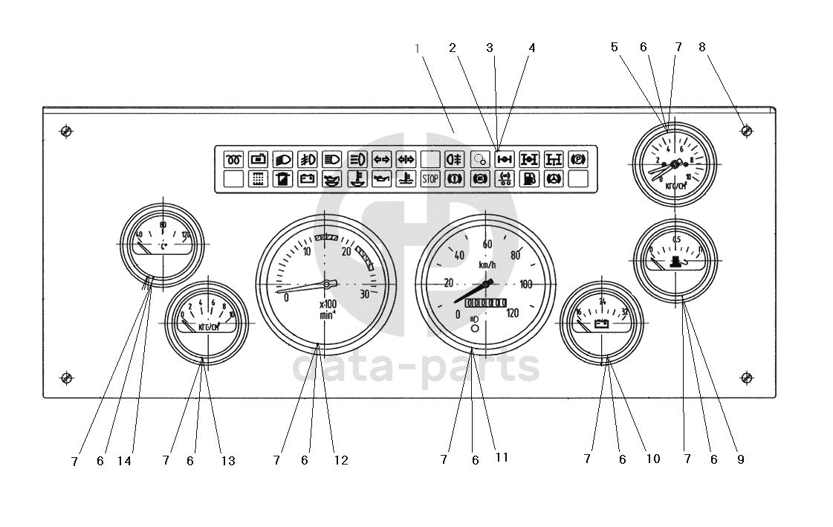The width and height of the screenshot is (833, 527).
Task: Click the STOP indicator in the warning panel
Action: click(430, 178)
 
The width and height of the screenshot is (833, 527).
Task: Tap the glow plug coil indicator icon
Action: click(234, 158)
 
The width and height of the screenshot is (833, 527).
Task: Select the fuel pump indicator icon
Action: click(528, 178)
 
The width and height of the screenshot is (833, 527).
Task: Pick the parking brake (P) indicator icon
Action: click(577, 158)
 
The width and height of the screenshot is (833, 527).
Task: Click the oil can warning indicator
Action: click(381, 178)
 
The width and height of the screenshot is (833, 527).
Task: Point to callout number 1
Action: click(418, 48)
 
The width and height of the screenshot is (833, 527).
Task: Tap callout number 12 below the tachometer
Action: click(340, 460)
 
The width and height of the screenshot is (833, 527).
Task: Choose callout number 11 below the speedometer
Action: click(502, 458)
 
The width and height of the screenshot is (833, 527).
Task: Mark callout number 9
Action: click(740, 459)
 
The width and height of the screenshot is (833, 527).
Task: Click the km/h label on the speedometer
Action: click(487, 265)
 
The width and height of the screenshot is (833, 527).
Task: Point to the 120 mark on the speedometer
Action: click(512, 312)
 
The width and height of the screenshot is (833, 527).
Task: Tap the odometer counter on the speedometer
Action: click(485, 303)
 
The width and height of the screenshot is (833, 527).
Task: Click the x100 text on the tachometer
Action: click(328, 303)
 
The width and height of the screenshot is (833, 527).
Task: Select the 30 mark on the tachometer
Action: click(364, 294)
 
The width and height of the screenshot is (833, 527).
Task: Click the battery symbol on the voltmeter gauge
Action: click(601, 323)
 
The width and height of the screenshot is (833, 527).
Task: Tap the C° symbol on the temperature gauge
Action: click(163, 244)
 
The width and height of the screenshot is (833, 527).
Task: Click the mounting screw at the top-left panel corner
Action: click(66, 132)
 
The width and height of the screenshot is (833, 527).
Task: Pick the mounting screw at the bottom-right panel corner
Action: click(747, 378)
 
